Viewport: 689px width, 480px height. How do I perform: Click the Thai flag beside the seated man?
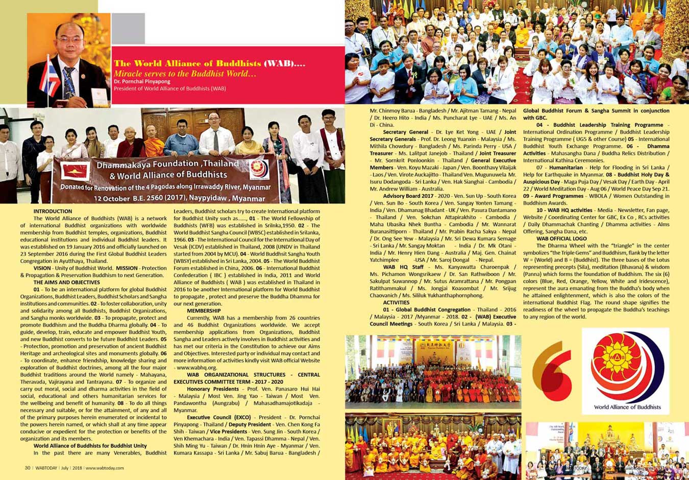[50, 78]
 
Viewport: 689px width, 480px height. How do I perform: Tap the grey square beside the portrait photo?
[128, 29]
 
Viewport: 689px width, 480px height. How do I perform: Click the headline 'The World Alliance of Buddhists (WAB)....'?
[209, 64]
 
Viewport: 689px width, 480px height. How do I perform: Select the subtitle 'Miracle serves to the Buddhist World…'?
[185, 74]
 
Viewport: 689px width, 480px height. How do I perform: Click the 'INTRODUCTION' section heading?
[53, 211]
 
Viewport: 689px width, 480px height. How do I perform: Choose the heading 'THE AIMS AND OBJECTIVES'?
[66, 282]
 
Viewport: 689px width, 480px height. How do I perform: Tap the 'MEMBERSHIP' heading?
[204, 310]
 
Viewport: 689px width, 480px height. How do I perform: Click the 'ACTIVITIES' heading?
[396, 302]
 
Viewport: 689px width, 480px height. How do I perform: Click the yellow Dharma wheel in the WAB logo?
[616, 362]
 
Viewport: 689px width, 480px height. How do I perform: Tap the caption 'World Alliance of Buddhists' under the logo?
[627, 407]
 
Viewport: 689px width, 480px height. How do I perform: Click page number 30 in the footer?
[28, 468]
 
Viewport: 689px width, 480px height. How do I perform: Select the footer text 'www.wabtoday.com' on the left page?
[104, 468]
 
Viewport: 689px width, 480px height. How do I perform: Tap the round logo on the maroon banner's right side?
[260, 170]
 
